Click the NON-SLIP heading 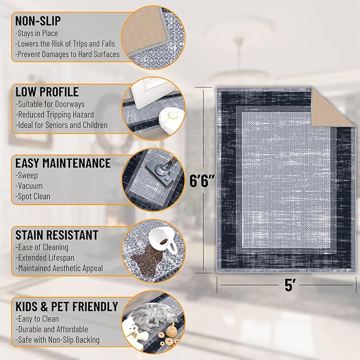(x=38, y=21)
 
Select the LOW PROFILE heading (x=47, y=92)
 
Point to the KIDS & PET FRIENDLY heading (x=66, y=306)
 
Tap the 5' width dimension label (x=288, y=285)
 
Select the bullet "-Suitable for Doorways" (x=50, y=104)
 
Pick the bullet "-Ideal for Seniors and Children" (x=62, y=126)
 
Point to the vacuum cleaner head (x=162, y=172)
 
